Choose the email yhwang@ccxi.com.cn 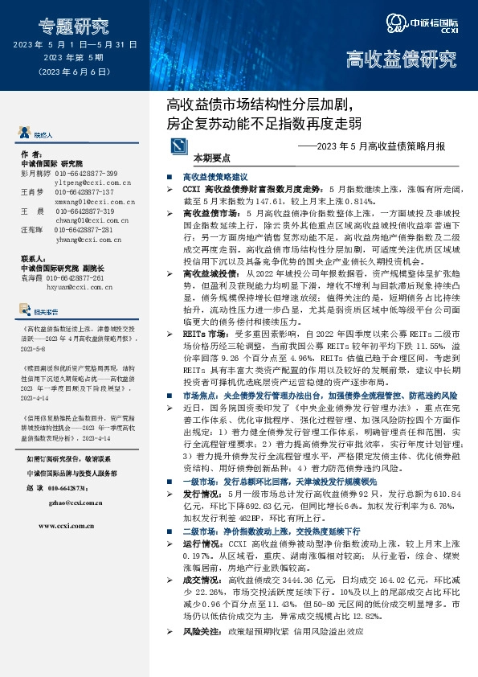[83, 239]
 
